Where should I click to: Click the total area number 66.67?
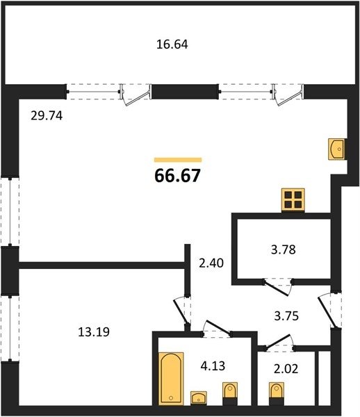click(177, 176)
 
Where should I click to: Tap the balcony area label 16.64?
click(172, 44)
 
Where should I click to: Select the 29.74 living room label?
click(47, 115)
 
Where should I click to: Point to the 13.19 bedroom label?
click(94, 332)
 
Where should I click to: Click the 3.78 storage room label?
click(284, 250)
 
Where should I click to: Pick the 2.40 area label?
click(211, 263)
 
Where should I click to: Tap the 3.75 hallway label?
click(286, 316)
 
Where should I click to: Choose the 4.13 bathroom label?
click(213, 366)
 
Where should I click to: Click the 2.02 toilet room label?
click(286, 369)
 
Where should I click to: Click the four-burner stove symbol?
click(293, 200)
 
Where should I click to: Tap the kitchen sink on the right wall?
click(336, 149)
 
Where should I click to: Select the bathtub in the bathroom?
click(172, 379)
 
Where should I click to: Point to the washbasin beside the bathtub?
click(199, 398)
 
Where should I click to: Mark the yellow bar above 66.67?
click(178, 160)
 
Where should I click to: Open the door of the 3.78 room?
click(277, 286)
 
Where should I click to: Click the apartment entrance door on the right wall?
click(329, 309)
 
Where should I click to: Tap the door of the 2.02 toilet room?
click(279, 342)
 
